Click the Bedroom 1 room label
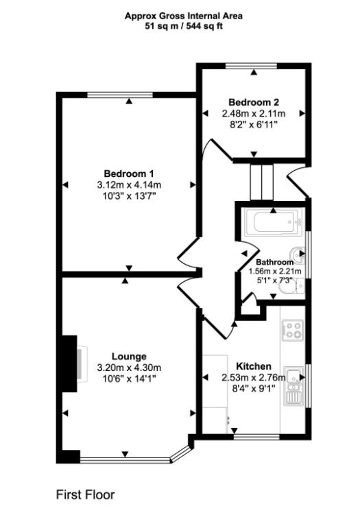click(x=129, y=173)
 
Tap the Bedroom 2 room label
click(x=253, y=102)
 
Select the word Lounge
click(x=130, y=357)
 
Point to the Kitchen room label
click(x=253, y=366)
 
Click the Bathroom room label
click(x=274, y=262)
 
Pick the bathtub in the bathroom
click(x=272, y=222)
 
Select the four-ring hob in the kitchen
click(x=294, y=331)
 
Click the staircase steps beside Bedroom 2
click(x=261, y=181)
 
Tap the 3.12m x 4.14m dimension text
click(x=129, y=184)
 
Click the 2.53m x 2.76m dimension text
click(x=253, y=377)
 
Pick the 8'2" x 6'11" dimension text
click(x=253, y=125)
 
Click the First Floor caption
click(x=85, y=494)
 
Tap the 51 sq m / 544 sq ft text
click(x=183, y=26)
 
